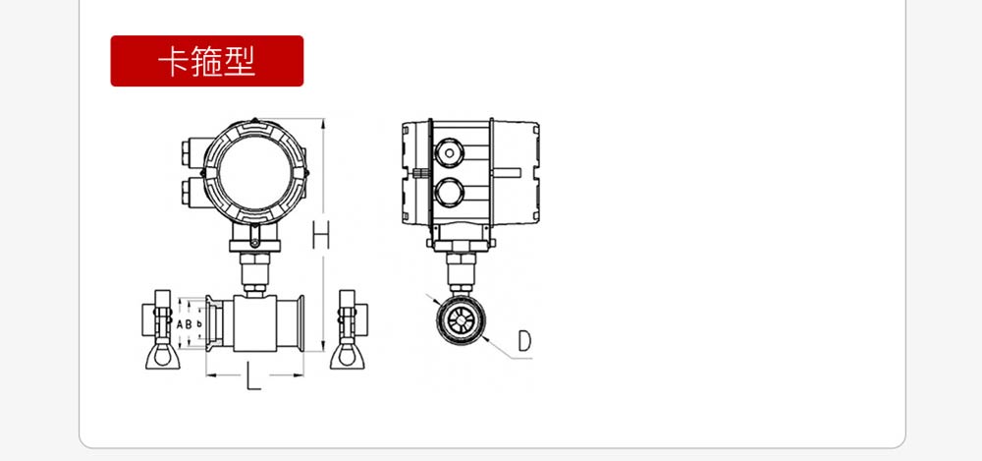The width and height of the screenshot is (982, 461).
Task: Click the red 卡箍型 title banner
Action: click(206, 61)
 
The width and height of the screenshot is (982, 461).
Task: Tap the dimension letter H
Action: click(321, 235)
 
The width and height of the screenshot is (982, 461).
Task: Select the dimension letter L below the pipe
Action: click(253, 378)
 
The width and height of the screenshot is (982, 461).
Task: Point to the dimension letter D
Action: click(524, 340)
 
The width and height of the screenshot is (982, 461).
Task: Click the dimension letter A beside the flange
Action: click(180, 324)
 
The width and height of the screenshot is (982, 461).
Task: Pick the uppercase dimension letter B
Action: click(189, 324)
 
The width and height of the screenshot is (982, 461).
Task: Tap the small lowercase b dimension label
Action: click(199, 324)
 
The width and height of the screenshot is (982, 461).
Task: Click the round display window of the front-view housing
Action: click(256, 172)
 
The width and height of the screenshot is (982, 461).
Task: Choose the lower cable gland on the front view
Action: click(191, 192)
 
